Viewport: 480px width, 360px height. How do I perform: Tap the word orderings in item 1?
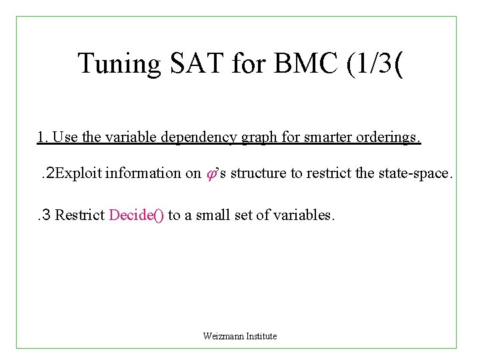click(x=387, y=138)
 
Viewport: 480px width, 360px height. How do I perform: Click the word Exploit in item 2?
click(x=78, y=174)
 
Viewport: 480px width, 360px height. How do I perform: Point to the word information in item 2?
click(x=143, y=174)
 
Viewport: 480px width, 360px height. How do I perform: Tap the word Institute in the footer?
click(x=261, y=336)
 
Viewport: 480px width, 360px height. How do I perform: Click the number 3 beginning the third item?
click(x=47, y=215)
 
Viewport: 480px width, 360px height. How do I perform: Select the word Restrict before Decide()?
click(x=80, y=215)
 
